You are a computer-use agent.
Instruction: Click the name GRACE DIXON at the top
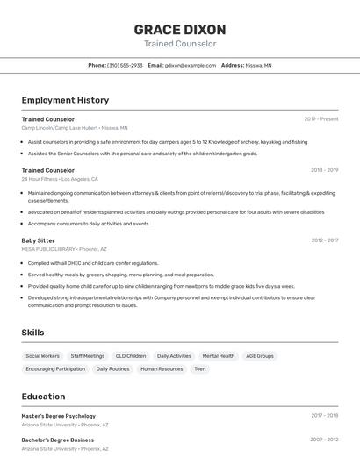click(x=179, y=29)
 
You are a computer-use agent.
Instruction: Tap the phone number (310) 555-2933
click(x=125, y=65)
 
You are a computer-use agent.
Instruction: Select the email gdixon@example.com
click(x=191, y=65)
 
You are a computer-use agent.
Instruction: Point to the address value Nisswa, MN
click(x=258, y=65)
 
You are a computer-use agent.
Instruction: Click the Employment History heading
click(x=65, y=100)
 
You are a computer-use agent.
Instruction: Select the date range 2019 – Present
click(x=320, y=118)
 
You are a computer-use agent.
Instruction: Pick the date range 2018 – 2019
click(x=324, y=170)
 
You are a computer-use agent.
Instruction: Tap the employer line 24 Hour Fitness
click(x=60, y=179)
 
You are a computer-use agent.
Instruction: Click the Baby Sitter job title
click(x=38, y=240)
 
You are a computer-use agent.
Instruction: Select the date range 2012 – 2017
click(x=324, y=240)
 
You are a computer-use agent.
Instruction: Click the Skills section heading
click(x=32, y=333)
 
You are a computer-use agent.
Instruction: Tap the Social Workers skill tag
click(x=43, y=356)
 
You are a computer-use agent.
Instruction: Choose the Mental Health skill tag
click(x=219, y=356)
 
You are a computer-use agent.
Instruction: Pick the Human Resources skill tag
click(x=162, y=369)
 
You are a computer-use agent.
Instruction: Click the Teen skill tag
click(x=200, y=369)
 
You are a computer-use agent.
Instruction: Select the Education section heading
click(x=43, y=397)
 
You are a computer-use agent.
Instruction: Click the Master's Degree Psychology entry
click(x=59, y=416)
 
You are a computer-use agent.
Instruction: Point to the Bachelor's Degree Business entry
click(x=58, y=440)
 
